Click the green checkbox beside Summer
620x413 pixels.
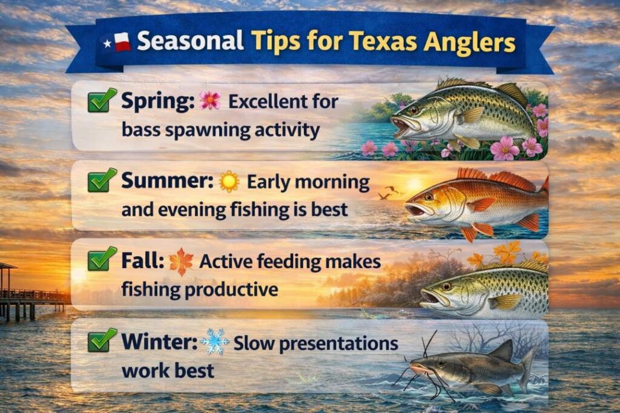tap(102, 180)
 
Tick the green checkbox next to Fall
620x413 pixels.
tap(102, 260)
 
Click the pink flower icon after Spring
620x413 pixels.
tap(210, 101)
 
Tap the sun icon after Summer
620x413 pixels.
tap(229, 181)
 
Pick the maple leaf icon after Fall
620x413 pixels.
tap(181, 262)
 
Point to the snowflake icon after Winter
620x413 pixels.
tap(215, 342)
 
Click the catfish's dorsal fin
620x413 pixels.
tap(501, 349)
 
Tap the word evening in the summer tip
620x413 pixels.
tap(196, 210)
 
